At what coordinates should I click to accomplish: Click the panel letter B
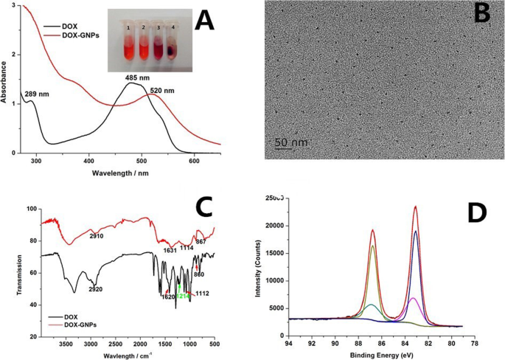[x=482, y=13]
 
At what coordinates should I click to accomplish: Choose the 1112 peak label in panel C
[x=203, y=294]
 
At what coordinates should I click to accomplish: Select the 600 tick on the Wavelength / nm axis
[x=194, y=160]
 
